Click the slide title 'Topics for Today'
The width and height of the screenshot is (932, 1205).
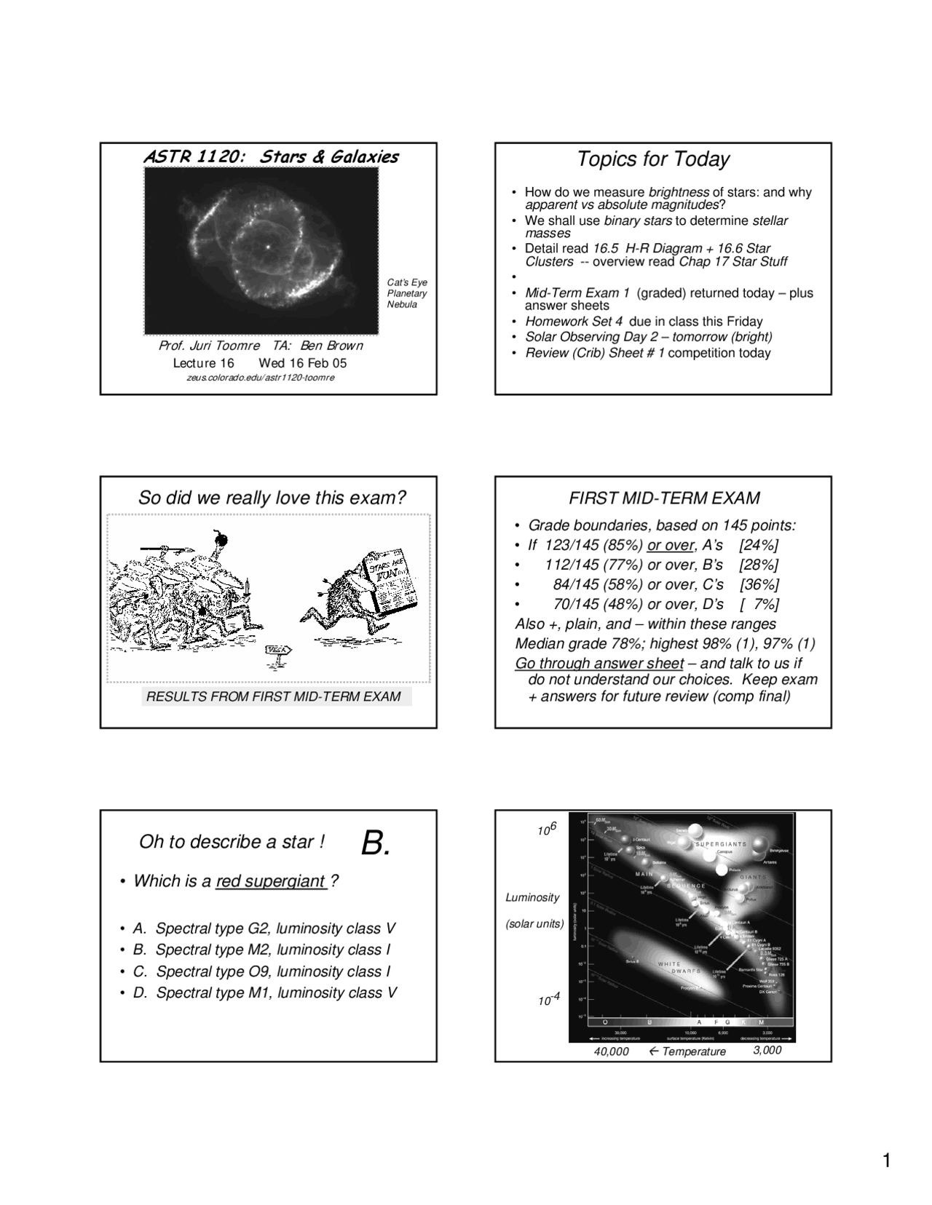tap(652, 159)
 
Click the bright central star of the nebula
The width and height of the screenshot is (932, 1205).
tap(267, 247)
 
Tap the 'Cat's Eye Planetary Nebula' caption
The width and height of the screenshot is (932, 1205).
tap(407, 293)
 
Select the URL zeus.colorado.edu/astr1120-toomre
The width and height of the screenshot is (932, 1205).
tap(261, 378)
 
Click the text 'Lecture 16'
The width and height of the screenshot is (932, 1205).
tap(203, 363)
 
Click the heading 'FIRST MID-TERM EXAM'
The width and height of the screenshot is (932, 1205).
tap(663, 498)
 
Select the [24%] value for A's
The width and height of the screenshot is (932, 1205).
tap(758, 545)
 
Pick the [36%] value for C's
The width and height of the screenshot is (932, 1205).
tap(759, 584)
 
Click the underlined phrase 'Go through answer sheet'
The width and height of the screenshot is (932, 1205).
tap(599, 663)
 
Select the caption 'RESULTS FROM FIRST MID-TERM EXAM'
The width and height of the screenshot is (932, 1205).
tap(274, 696)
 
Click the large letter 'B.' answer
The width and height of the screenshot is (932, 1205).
tap(376, 843)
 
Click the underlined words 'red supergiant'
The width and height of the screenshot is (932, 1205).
tap(270, 881)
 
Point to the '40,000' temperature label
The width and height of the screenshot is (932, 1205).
tap(612, 1051)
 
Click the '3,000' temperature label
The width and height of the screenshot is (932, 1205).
tap(767, 1050)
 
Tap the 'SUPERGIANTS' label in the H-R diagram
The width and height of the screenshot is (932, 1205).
tap(720, 844)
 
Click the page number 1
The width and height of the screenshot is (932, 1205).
tap(886, 1161)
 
